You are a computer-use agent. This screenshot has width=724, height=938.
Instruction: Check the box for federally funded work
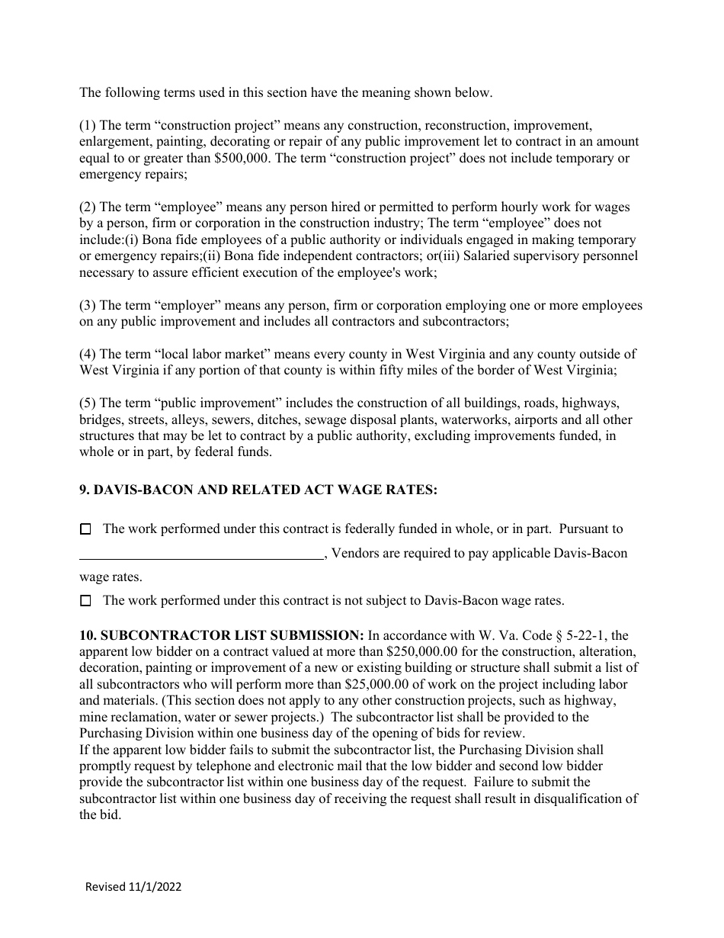85,528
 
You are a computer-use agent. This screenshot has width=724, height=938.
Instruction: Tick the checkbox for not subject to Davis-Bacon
85,601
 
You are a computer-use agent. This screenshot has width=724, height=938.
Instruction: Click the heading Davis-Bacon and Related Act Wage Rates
258,490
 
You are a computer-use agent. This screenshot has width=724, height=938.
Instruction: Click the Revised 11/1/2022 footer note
133,887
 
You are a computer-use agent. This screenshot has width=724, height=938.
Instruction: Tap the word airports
539,419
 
